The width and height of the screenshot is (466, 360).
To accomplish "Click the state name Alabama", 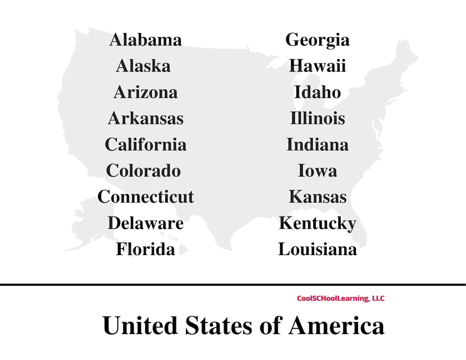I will click(x=145, y=40).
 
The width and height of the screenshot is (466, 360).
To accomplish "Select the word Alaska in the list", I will click(x=143, y=66).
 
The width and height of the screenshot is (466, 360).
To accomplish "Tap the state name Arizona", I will click(x=145, y=92).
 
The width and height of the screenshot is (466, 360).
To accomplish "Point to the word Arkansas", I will click(x=145, y=118).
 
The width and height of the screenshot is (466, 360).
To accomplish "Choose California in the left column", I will click(x=145, y=144).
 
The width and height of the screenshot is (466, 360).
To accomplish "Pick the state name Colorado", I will click(x=143, y=171).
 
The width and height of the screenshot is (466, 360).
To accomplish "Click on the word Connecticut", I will click(x=145, y=197).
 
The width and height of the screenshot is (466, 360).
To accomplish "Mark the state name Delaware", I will click(x=145, y=223).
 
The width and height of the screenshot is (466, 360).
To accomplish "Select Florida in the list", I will click(x=145, y=249).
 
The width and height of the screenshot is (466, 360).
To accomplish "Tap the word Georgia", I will click(x=317, y=40).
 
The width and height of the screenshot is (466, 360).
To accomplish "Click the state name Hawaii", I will click(x=317, y=66).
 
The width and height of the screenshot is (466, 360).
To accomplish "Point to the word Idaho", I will click(x=317, y=92).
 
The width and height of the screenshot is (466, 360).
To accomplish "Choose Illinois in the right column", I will click(x=317, y=118).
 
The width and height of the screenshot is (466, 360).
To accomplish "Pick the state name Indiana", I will click(x=317, y=144).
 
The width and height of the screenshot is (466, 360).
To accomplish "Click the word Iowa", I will click(x=317, y=171).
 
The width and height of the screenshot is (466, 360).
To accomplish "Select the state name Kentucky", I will click(x=317, y=224).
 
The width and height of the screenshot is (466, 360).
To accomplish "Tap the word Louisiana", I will click(x=317, y=249).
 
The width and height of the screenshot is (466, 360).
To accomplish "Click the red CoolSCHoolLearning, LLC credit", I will click(x=340, y=298).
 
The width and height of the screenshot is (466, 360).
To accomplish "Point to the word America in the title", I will click(x=336, y=325).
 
